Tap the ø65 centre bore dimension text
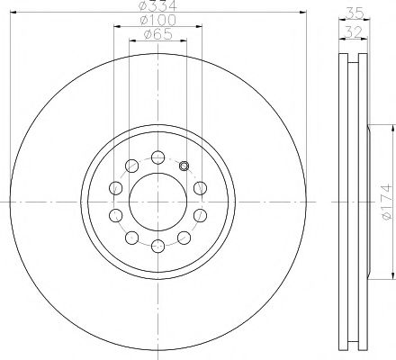click(x=157, y=37)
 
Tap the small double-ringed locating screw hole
click(x=184, y=165)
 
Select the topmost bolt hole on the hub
click(x=157, y=157)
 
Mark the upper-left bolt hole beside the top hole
click(x=131, y=165)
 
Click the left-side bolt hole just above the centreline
click(x=115, y=187)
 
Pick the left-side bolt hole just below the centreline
click(x=115, y=215)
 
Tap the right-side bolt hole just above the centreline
click(x=199, y=187)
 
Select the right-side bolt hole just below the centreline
click(x=199, y=215)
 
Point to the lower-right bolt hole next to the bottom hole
click(x=183, y=238)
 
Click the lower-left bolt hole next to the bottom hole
click(x=131, y=238)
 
